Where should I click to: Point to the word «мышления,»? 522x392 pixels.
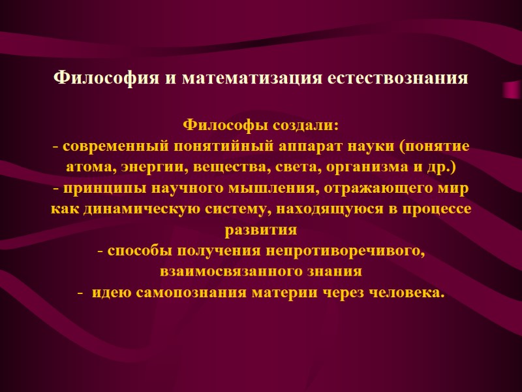point(254,188)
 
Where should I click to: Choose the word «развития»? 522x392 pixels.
point(261,230)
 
